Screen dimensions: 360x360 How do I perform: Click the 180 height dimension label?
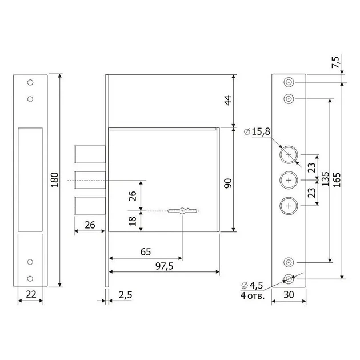pos(55,180)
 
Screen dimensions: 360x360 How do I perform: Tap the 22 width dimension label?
pos(31,294)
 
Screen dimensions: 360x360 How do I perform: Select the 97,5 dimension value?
pos(165,266)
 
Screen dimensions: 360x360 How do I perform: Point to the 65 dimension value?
pos(146,252)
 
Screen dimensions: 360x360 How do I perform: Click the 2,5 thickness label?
pos(126,295)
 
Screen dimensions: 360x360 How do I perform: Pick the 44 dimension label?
pos(228,101)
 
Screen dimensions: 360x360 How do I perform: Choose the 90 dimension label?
pos(228,183)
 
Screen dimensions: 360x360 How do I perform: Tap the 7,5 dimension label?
pos(336,62)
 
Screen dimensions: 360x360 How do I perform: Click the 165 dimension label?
pos(337,179)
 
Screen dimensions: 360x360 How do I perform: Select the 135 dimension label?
pos(325,179)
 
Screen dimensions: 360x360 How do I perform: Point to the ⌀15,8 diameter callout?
pos(257,131)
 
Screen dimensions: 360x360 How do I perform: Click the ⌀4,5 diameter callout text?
pos(252,285)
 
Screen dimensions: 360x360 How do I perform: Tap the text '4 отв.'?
pos(253,295)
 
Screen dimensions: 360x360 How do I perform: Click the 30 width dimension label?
pos(289,294)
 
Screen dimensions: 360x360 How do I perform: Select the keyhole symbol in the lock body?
pos(182,211)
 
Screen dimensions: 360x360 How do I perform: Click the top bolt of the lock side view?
pos(90,154)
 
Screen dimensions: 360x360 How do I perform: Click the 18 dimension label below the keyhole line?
pos(133,221)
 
